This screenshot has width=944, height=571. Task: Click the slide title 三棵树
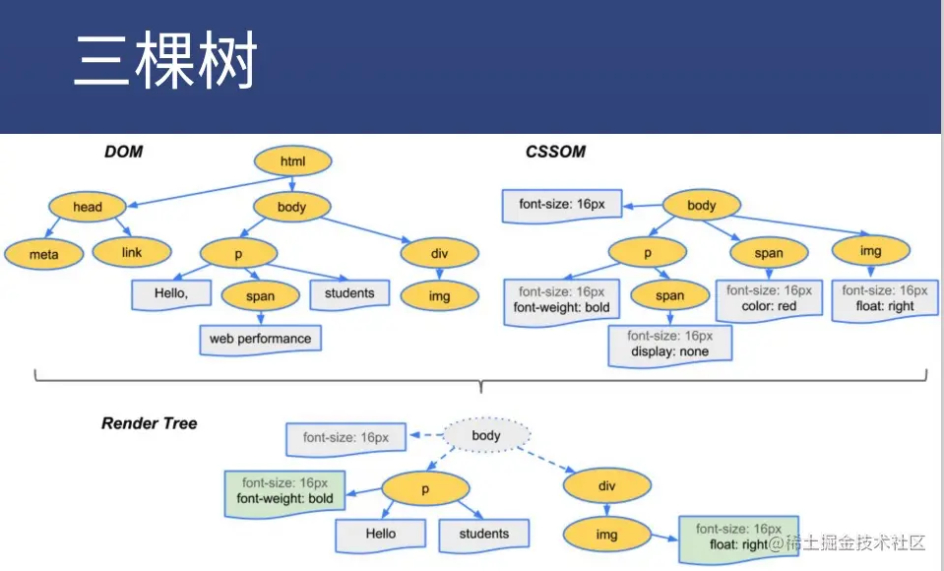tap(164, 61)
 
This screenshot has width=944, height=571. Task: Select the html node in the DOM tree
tap(293, 161)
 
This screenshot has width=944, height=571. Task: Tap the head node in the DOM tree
tap(88, 207)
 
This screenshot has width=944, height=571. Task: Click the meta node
tap(43, 254)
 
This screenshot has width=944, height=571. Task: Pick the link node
tap(132, 252)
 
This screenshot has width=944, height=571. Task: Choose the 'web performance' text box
tap(260, 339)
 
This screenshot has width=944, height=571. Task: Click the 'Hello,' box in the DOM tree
tap(170, 293)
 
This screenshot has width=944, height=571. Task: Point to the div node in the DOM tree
tap(440, 253)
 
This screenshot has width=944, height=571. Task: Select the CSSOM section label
tap(555, 152)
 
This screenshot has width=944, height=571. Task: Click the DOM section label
tap(123, 152)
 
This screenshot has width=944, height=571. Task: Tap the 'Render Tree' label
tap(149, 423)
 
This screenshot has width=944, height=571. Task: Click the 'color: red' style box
tap(769, 299)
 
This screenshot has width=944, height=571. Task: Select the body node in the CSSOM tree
tap(701, 206)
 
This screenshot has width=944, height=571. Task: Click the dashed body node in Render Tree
tap(486, 435)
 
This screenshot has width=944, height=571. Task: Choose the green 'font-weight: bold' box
tap(285, 491)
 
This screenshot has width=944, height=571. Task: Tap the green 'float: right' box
tap(736, 537)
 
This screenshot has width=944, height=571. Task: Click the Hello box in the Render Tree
tap(381, 534)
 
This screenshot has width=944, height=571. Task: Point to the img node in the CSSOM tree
tap(870, 251)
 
